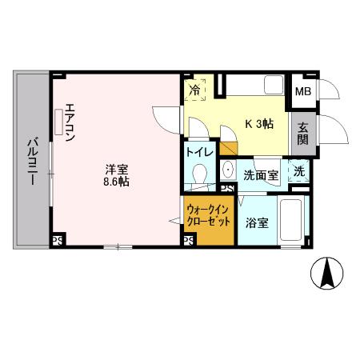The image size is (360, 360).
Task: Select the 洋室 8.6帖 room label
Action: tap(117, 174)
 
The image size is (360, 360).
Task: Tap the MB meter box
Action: tap(303, 91)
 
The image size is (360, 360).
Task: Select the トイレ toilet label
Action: tap(198, 153)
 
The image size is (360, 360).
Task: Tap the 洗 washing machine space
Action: tap(299, 170)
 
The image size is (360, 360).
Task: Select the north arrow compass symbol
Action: tap(327, 274)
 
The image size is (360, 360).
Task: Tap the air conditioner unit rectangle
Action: tap(58, 121)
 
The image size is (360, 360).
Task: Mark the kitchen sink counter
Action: tap(252, 86)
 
